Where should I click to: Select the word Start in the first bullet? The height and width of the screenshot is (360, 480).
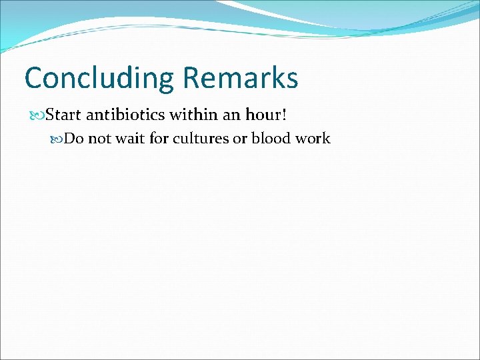[x=63, y=115]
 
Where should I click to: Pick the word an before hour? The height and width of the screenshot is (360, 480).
[x=231, y=115]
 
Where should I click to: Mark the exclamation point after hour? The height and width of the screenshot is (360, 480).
[x=285, y=115]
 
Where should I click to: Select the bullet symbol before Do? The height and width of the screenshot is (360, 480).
[x=57, y=139]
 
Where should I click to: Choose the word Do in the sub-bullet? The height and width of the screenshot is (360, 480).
[x=73, y=139]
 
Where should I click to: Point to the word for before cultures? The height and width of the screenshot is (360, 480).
[x=158, y=139]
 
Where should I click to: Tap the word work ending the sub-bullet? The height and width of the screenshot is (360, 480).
[x=312, y=139]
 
